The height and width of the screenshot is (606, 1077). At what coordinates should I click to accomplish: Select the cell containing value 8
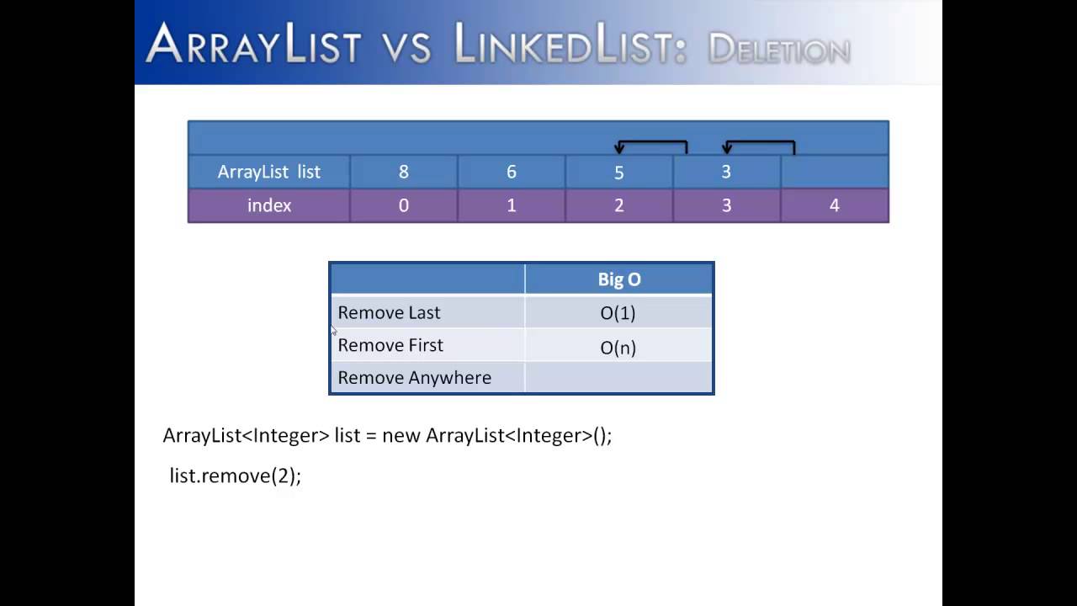[x=403, y=172]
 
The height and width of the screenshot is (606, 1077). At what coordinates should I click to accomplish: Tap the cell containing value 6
[x=511, y=172]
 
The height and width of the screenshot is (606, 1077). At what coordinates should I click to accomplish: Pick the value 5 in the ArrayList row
[x=618, y=173]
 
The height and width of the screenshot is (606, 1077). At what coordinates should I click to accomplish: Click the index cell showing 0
[x=403, y=205]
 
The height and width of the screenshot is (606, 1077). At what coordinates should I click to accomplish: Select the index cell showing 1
[x=511, y=205]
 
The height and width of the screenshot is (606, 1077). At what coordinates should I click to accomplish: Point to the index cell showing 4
[x=834, y=205]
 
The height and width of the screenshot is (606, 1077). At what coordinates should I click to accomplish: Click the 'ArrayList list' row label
[x=268, y=172]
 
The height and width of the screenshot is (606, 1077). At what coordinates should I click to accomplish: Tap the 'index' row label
[x=268, y=205]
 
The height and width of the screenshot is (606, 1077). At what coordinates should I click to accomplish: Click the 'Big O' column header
[x=618, y=279]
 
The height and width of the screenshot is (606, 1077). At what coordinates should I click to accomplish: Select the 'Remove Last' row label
[x=389, y=312]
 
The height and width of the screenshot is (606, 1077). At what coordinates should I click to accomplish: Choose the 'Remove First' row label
[x=390, y=345]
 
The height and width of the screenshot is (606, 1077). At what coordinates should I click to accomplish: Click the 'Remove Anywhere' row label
[x=414, y=378]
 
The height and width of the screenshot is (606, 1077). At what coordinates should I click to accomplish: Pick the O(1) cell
[x=618, y=313]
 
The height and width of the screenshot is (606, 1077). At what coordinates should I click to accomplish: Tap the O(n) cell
[x=618, y=347]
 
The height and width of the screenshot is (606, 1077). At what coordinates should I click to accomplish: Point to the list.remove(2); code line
[x=235, y=476]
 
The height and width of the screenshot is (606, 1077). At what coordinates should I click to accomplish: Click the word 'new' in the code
[x=401, y=436]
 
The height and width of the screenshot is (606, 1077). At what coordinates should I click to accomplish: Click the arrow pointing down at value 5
[x=619, y=148]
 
